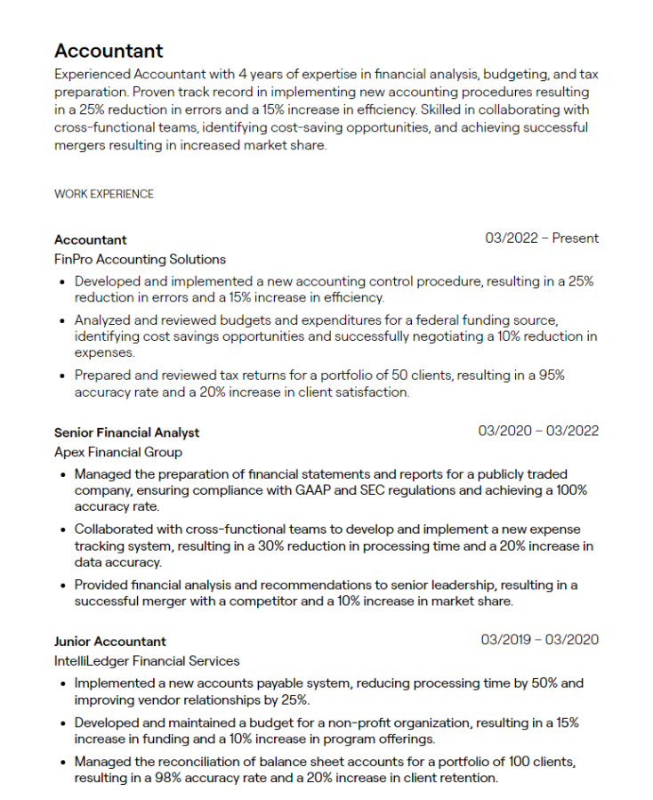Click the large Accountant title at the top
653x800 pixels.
109,51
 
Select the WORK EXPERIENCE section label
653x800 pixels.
104,194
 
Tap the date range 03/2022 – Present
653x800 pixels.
542,238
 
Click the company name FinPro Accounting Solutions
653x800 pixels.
140,260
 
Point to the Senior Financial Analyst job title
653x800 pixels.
126,432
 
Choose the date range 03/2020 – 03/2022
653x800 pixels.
538,432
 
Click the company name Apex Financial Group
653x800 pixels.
117,452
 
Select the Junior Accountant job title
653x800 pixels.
109,641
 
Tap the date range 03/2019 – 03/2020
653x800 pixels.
540,640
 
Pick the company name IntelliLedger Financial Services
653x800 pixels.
147,661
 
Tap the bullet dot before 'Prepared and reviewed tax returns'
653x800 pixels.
61,376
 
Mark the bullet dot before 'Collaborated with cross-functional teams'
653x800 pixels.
61,529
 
